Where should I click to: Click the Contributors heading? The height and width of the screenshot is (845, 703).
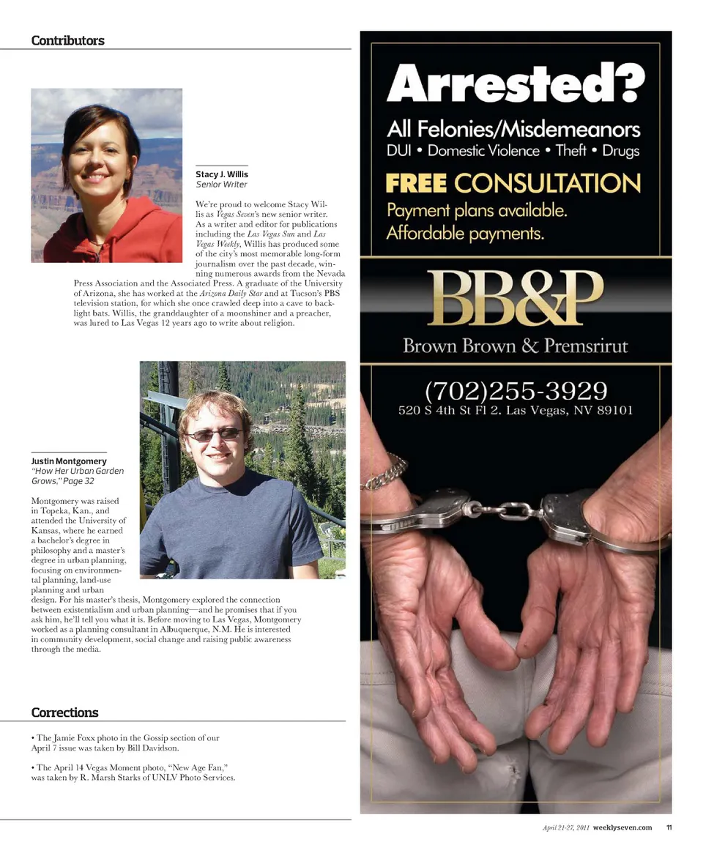[x=67, y=40]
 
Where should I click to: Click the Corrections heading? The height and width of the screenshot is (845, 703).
[x=64, y=712]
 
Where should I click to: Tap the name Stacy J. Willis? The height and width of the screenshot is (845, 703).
[x=222, y=174]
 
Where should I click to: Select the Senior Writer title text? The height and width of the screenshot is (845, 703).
[x=221, y=185]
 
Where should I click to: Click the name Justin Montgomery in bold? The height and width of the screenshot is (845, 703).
[x=69, y=461]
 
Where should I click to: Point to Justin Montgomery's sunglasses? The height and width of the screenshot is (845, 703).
[x=213, y=434]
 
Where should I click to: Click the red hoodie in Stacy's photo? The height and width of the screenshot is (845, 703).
[x=110, y=234]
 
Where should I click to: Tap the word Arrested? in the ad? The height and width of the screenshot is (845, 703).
[x=516, y=83]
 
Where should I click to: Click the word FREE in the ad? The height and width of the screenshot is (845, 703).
[x=416, y=183]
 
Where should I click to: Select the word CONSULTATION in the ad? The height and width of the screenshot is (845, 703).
[x=547, y=183]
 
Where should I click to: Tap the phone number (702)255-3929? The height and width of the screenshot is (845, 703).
[x=516, y=389]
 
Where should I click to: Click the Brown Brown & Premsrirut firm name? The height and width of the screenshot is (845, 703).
[x=516, y=346]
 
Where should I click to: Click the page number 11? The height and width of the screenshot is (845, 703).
[x=669, y=827]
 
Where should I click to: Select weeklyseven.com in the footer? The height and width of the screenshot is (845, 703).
[x=622, y=827]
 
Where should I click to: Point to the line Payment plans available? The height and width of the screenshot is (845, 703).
[x=477, y=211]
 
